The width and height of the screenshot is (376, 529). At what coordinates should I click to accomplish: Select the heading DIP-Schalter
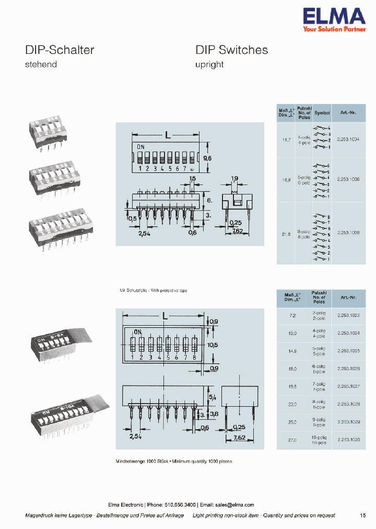[x=60, y=50]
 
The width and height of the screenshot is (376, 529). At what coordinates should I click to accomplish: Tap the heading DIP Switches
[x=231, y=50]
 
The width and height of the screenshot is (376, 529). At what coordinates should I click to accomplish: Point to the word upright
[x=209, y=64]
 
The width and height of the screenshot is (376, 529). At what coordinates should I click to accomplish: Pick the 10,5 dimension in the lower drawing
[x=213, y=345]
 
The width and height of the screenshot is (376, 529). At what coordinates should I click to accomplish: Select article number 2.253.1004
[x=348, y=139]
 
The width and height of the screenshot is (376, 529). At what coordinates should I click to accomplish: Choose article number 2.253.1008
[x=348, y=232]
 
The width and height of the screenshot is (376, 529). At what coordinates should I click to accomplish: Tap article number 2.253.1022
[x=348, y=315]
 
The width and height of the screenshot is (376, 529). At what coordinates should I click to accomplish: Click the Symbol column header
[x=322, y=113]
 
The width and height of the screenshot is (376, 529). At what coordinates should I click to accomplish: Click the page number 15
[x=363, y=515]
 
